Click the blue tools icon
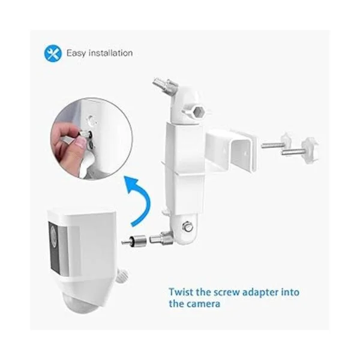click(53, 53)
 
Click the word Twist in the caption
click(181, 292)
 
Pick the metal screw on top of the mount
click(166, 85)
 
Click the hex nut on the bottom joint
click(187, 227)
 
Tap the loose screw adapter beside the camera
click(134, 240)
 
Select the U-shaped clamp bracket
click(231, 151)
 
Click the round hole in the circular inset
click(92, 121)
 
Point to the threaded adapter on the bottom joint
click(160, 239)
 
